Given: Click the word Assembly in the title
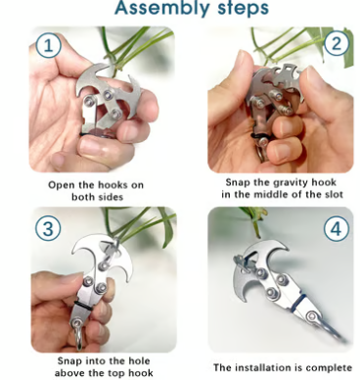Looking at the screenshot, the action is pos(159,7).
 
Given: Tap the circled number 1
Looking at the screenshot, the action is pos(48,45).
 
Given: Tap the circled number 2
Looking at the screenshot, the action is pos(336,43).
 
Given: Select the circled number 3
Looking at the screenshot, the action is pos(48,227).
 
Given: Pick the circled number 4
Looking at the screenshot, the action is pos(336,228).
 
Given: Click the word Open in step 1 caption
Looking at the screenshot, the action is pos(62,185).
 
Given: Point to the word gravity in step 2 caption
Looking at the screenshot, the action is pos(290,182).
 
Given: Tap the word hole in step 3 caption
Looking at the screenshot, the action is pos(137,360).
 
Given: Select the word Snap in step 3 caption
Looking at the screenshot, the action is pos(69,361).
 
